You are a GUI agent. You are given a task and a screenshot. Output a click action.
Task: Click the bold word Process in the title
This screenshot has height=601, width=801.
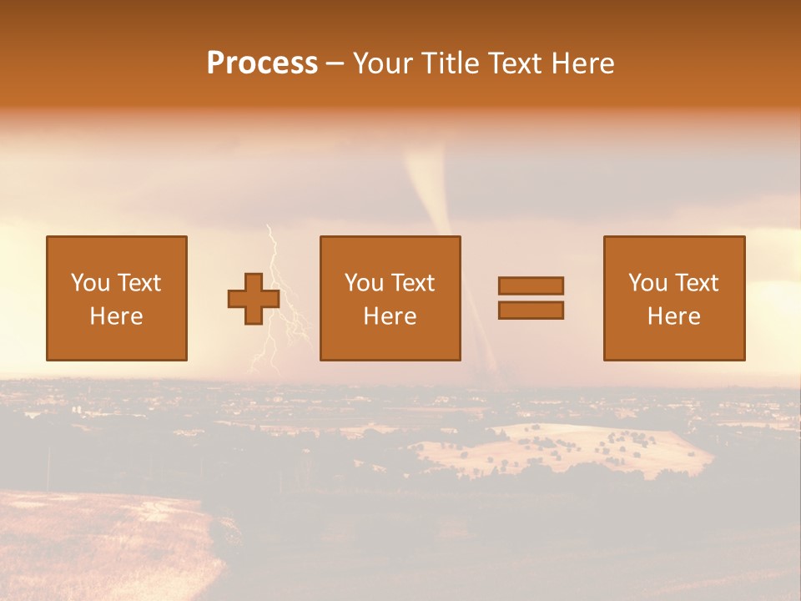(262, 63)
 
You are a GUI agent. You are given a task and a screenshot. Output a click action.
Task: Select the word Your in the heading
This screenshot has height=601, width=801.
(384, 63)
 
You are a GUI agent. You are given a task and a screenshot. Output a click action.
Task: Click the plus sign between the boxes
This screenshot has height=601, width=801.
(254, 299)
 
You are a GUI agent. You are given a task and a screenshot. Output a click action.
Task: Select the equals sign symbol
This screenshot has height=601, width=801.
(531, 298)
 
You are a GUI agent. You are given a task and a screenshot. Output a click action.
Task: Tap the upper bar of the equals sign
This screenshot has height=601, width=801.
(531, 285)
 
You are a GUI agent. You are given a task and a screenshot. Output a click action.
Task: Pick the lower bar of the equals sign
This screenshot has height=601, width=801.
(531, 311)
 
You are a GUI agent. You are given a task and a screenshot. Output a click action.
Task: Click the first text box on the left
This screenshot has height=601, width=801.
(116, 298)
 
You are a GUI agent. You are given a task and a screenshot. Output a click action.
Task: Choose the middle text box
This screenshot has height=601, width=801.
(390, 298)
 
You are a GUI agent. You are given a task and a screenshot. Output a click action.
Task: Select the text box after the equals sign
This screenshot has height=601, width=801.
(673, 298)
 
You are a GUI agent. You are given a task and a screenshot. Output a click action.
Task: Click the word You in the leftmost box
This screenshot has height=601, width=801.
(90, 283)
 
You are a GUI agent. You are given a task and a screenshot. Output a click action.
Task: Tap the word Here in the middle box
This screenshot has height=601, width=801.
(390, 316)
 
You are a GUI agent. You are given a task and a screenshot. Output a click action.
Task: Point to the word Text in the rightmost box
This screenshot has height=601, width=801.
(697, 283)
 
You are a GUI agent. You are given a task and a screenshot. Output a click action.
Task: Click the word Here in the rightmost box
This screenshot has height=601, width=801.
(673, 316)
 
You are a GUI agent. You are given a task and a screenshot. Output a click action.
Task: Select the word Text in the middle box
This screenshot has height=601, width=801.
(413, 283)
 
